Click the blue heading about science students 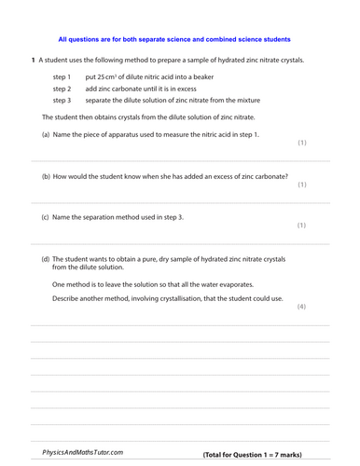174,40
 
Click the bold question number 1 34,60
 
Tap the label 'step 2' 62,89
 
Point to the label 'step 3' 62,100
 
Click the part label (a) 47,135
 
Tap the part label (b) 47,176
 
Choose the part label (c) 47,217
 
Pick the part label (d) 47,259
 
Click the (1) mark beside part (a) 301,144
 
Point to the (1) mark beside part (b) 301,185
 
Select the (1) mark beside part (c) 301,226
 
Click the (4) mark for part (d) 301,307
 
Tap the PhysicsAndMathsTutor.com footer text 82,453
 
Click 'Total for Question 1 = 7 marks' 252,455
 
